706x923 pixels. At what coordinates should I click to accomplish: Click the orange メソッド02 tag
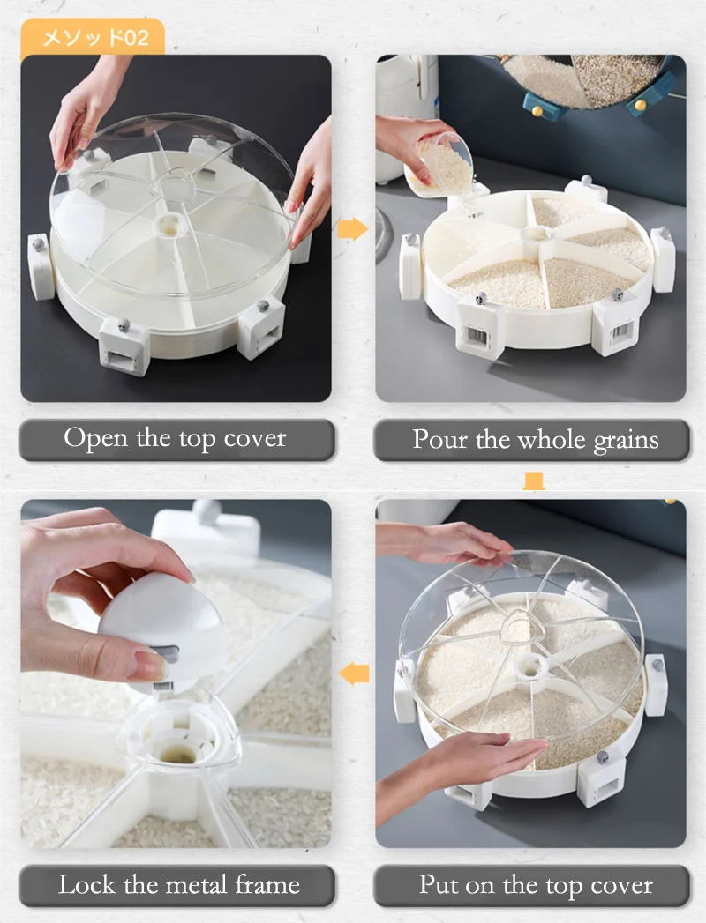click(94, 38)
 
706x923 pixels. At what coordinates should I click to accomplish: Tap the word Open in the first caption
click(96, 438)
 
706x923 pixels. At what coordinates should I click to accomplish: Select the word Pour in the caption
click(439, 439)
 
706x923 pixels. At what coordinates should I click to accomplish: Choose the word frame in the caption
click(267, 884)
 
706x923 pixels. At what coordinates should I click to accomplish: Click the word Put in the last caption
click(439, 885)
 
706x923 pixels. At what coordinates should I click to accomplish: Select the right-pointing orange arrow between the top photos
click(353, 227)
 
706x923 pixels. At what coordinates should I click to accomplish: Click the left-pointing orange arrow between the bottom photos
click(354, 674)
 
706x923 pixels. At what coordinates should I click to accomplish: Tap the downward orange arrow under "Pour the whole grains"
click(533, 480)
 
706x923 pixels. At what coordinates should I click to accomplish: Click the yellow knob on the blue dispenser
click(537, 110)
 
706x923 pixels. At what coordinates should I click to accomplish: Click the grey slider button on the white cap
click(164, 654)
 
